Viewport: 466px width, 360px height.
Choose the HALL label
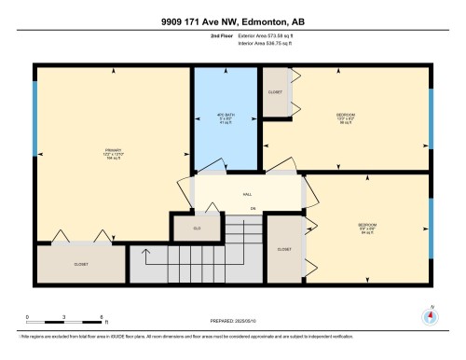tap(247, 194)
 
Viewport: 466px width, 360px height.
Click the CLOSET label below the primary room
tap(80, 264)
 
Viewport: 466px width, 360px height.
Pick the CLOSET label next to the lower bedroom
tap(283, 249)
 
